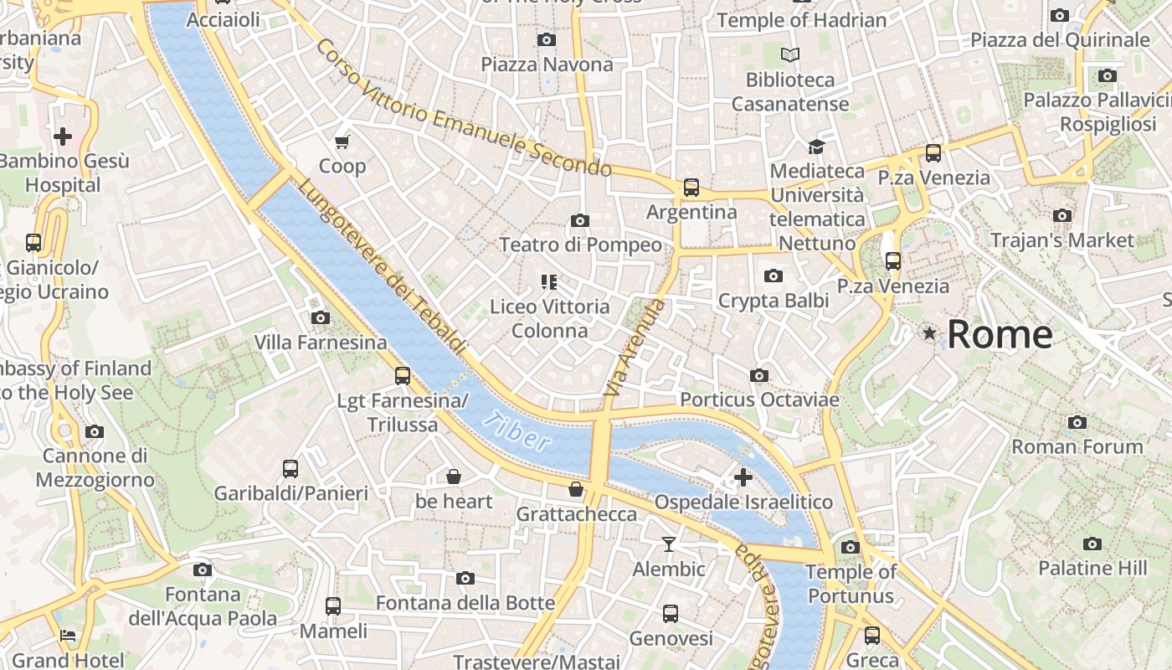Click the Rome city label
point(1000,334)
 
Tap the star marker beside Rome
point(929,333)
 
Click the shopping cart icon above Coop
point(342,142)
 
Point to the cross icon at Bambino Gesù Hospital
point(63,136)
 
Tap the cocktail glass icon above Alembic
point(668,544)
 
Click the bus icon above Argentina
point(691,188)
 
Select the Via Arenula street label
point(635,347)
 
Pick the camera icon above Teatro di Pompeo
point(579,220)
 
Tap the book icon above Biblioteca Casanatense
point(789,55)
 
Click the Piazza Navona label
point(547,64)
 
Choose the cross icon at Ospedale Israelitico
point(743,477)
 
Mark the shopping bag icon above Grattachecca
point(576,489)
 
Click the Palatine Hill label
point(1092,568)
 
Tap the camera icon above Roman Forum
point(1077,422)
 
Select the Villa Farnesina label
point(321,343)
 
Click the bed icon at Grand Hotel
point(69,636)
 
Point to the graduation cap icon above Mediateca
point(816,147)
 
